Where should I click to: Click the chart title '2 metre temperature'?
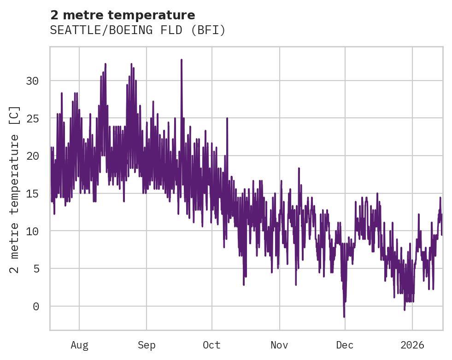pyautogui.click(x=123, y=15)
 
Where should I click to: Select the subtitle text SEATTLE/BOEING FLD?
pyautogui.click(x=122, y=30)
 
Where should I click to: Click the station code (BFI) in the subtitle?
pyautogui.click(x=209, y=30)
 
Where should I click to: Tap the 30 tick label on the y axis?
pyautogui.click(x=32, y=81)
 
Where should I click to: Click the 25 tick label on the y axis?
pyautogui.click(x=32, y=119)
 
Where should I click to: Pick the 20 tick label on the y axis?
pyautogui.click(x=32, y=156)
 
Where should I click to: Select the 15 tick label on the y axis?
pyautogui.click(x=32, y=194)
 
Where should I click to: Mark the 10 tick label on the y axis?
pyautogui.click(x=32, y=231)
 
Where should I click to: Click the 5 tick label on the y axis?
pyautogui.click(x=36, y=269)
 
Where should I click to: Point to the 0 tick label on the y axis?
pyautogui.click(x=36, y=307)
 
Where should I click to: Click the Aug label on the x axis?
pyautogui.click(x=79, y=345)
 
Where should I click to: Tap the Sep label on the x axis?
pyautogui.click(x=147, y=345)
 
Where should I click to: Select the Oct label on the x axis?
pyautogui.click(x=212, y=345)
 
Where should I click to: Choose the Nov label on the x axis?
pyautogui.click(x=279, y=345)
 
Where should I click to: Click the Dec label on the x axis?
pyautogui.click(x=345, y=345)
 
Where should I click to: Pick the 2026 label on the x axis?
pyautogui.click(x=412, y=345)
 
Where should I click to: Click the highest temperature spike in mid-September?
pyautogui.click(x=182, y=60)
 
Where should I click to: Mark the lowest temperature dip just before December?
pyautogui.click(x=344, y=316)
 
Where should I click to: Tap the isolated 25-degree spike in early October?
pyautogui.click(x=227, y=119)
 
